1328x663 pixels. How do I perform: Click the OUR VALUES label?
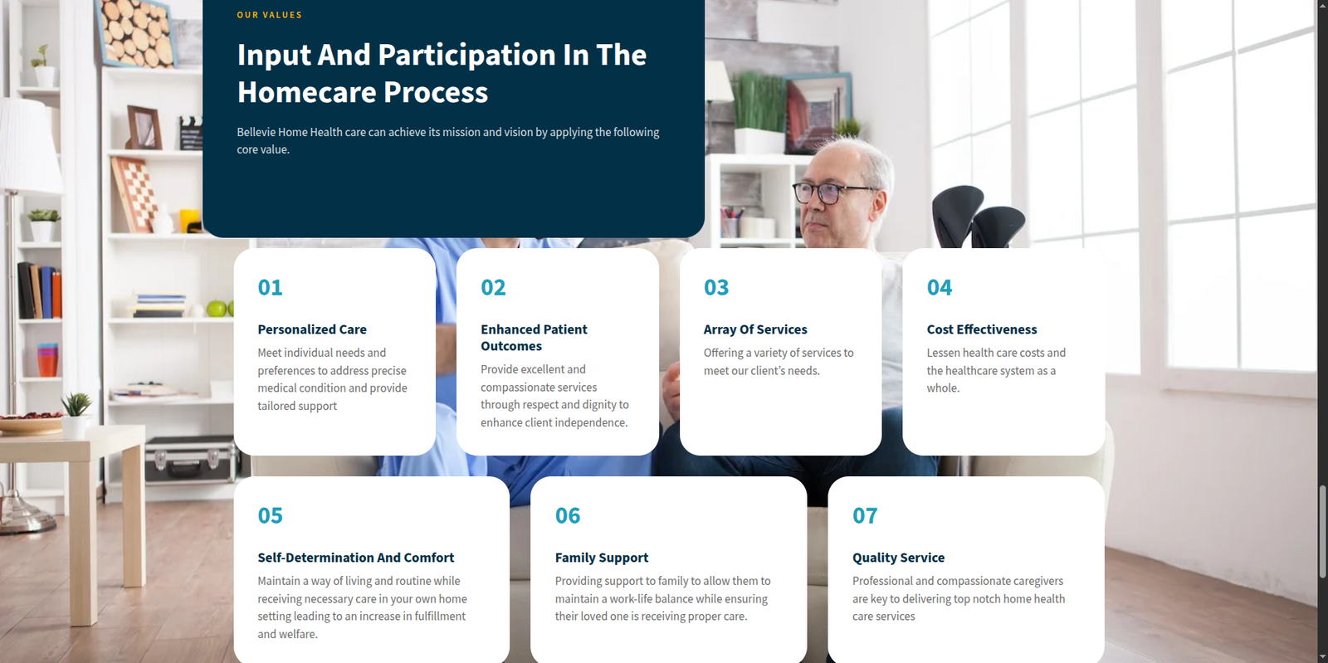269,15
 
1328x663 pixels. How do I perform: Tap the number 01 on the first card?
270,287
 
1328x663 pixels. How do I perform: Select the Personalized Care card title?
312,329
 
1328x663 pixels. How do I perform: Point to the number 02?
493,287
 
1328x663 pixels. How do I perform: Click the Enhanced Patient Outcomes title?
534,338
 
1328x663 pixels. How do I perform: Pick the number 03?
715,287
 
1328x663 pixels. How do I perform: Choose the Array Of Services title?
754,329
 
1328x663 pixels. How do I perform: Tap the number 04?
939,287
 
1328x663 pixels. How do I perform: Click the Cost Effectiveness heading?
982,329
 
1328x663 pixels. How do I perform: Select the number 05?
270,515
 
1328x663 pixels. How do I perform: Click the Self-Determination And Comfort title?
356,558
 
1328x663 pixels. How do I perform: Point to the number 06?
568,515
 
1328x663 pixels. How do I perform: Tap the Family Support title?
601,558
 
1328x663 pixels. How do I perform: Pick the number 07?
864,515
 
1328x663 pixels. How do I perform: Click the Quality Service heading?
898,558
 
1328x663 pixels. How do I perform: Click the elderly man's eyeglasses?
833,193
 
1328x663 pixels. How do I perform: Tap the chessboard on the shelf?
134,193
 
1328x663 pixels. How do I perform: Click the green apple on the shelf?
217,308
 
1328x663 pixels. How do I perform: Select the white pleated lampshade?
30,145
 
